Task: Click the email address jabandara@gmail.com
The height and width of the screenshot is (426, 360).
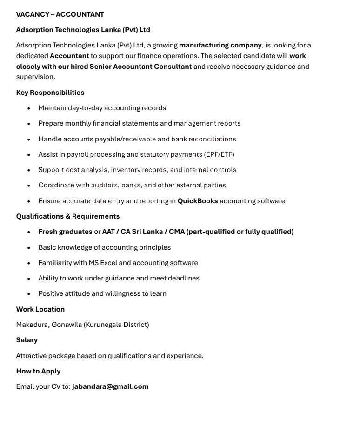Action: [110, 386]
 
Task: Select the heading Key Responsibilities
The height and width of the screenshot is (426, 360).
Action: [50, 93]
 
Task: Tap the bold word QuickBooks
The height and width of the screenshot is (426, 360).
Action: [198, 201]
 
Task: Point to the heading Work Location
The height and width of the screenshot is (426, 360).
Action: [40, 309]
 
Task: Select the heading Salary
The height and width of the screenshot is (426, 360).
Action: [27, 340]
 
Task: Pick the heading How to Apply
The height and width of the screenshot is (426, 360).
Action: [38, 371]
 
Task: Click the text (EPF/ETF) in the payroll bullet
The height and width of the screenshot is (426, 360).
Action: [219, 154]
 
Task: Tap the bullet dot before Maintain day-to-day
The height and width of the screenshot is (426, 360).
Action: [29, 108]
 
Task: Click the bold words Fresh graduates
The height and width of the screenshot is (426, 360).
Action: [65, 232]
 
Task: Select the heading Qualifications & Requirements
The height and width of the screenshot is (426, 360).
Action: [68, 216]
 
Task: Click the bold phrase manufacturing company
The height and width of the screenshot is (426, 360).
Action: [220, 45]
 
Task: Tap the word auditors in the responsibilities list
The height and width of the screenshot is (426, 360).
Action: [104, 185]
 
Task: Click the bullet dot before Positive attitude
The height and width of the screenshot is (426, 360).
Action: [29, 294]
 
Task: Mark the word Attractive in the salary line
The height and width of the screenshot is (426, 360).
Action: [31, 356]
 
